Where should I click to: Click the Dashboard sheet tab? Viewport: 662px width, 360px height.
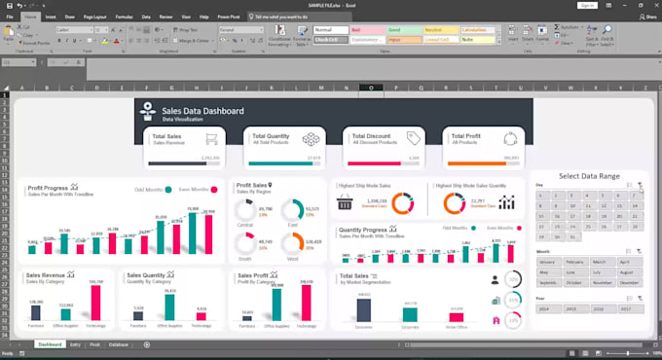50,344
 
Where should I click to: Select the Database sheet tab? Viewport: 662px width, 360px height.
119,344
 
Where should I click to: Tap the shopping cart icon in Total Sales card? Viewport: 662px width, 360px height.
210,140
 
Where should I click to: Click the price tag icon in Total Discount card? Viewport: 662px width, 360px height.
413,138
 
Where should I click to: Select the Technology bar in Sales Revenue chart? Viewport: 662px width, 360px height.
96,302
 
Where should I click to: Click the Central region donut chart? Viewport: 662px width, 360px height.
244,211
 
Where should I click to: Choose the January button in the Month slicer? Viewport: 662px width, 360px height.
547,263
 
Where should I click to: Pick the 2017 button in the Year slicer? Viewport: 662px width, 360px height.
626,308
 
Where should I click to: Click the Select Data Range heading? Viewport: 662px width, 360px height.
589,176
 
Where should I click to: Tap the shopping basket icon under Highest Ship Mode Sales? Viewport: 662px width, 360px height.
345,203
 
